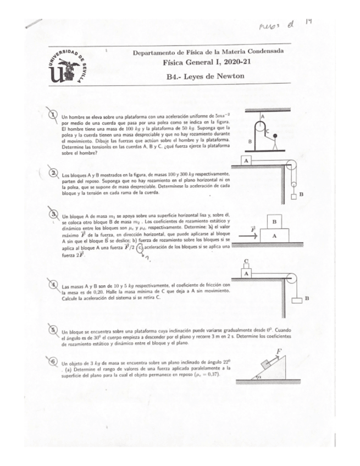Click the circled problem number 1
click(x=54, y=114)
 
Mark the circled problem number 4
click(x=54, y=285)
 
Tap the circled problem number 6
click(x=53, y=363)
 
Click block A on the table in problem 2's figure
click(x=247, y=160)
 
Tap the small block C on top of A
click(x=247, y=263)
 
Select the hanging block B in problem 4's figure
click(x=298, y=299)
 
